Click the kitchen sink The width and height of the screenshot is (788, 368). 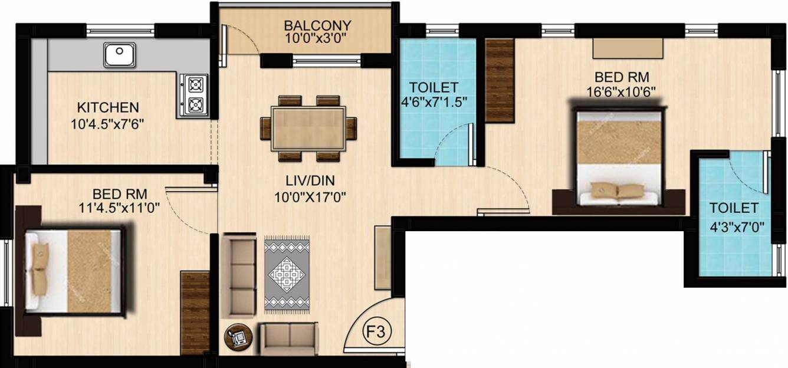coord(120,55)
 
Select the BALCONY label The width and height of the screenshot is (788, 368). coord(318,25)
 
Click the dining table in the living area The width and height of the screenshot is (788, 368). coord(308,129)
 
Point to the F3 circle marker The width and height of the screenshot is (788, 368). coord(376,331)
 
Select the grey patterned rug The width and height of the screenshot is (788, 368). coord(287,275)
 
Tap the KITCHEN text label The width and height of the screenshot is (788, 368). coord(108,107)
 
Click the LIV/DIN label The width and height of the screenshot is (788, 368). coord(310,180)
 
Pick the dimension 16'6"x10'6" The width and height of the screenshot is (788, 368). coord(622,92)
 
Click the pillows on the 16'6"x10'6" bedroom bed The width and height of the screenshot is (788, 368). coord(612,190)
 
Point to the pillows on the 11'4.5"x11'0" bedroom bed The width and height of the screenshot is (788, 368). coord(40,265)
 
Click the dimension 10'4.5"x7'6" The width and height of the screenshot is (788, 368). coord(108,124)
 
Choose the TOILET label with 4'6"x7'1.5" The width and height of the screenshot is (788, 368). coord(434,87)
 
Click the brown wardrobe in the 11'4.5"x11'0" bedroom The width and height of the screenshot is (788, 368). coord(195,313)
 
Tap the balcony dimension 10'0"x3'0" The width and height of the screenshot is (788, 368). coord(316,38)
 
